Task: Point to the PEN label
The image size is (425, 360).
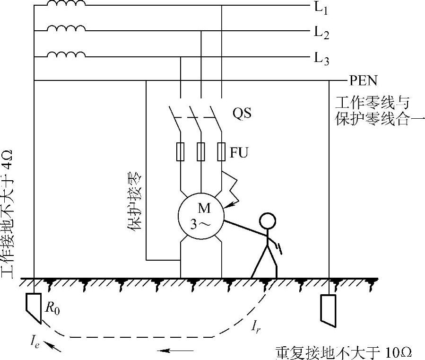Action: [363, 80]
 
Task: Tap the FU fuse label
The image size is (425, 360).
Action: [239, 153]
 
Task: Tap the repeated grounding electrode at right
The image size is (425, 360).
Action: [329, 310]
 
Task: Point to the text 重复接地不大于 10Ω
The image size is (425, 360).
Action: [344, 352]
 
